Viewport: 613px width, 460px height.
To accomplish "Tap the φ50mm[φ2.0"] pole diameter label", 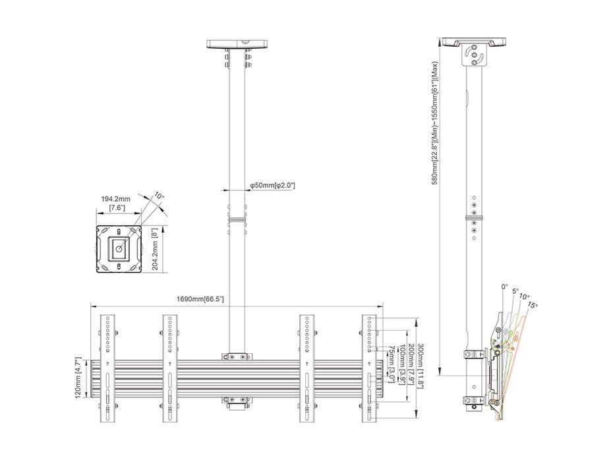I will [272, 186].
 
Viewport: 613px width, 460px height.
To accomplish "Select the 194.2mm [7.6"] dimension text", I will [115, 203].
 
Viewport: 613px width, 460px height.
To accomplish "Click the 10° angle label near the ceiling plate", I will [158, 196].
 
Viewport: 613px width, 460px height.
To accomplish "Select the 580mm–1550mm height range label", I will [435, 123].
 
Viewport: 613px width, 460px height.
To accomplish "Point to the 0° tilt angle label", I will [504, 287].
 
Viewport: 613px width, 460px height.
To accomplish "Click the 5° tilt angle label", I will [515, 291].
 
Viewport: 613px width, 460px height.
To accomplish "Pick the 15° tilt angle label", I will [532, 305].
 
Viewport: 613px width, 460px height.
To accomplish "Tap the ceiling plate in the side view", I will [475, 42].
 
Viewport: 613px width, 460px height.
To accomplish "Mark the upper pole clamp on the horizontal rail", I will [237, 356].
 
